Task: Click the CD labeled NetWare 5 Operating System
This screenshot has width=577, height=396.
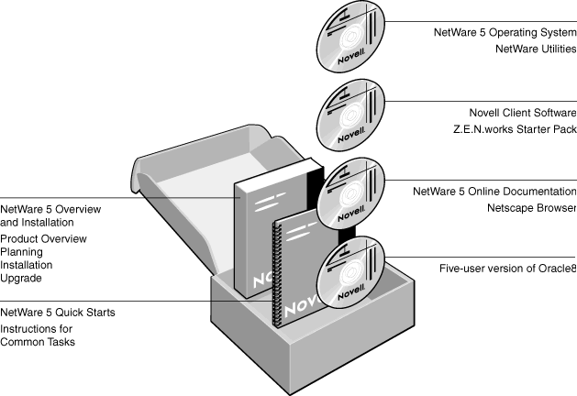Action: click(x=350, y=36)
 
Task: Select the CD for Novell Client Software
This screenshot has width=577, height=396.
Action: click(x=350, y=115)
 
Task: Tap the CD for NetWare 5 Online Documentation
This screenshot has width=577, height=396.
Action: click(x=350, y=193)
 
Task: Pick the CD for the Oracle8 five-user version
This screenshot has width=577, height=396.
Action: click(x=350, y=272)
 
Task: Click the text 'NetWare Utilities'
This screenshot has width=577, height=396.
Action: click(x=536, y=49)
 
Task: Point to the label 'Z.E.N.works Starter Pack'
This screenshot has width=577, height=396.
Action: click(x=515, y=129)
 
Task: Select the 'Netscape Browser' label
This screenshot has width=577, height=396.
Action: click(x=532, y=208)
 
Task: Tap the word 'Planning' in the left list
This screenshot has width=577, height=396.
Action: click(x=21, y=252)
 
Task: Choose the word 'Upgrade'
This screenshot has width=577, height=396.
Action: click(x=21, y=279)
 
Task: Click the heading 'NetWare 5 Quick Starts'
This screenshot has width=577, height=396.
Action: click(x=58, y=313)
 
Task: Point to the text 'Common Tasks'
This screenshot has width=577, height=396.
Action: click(x=38, y=342)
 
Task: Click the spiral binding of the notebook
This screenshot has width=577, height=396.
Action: click(x=276, y=274)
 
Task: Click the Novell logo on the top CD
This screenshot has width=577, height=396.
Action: click(x=351, y=56)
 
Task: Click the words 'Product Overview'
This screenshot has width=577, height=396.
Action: click(x=43, y=238)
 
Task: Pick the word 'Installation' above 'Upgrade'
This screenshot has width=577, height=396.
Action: click(x=26, y=265)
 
